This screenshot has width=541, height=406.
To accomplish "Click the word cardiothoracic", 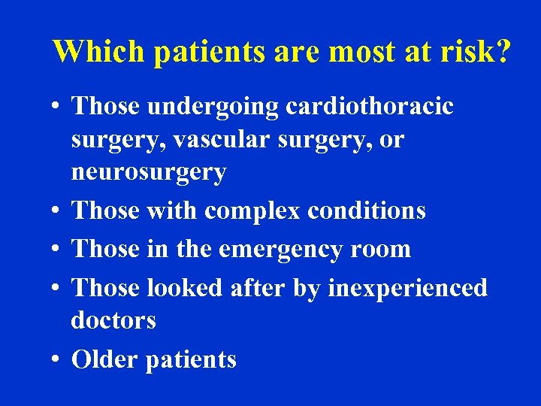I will [x=370, y=107].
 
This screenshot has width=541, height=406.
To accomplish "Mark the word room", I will [x=383, y=249].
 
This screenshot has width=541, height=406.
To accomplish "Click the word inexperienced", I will [x=407, y=288].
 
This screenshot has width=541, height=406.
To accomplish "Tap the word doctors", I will [x=113, y=320].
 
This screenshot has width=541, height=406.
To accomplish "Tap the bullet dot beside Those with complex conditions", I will [x=57, y=211].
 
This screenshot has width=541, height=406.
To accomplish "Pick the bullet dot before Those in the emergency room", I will [x=57, y=249].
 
